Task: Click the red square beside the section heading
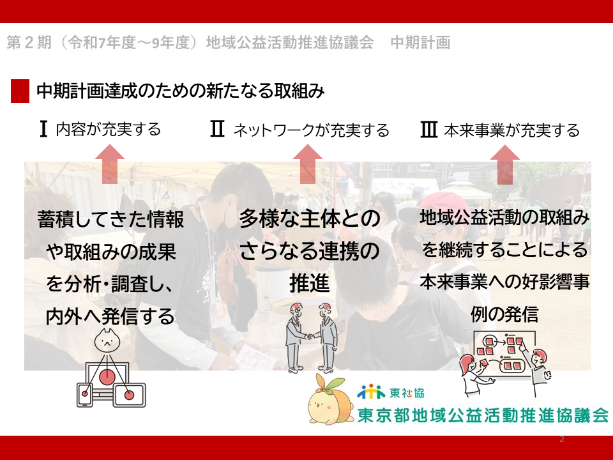(x=20, y=91)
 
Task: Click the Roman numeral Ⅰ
(x=43, y=128)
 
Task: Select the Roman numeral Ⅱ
(x=217, y=128)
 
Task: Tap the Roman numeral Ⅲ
(x=428, y=130)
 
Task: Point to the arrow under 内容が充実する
(x=110, y=164)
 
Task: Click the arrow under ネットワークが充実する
(x=308, y=164)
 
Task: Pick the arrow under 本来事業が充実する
(x=504, y=165)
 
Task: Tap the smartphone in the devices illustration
(x=85, y=395)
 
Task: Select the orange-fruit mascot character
(x=326, y=399)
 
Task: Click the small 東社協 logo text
(x=407, y=392)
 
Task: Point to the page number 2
(x=562, y=440)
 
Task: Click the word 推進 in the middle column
(x=309, y=283)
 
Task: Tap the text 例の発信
(x=504, y=314)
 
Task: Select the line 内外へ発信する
(x=110, y=316)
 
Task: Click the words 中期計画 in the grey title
(x=421, y=42)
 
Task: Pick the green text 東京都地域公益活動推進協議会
(x=483, y=415)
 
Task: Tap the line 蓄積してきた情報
(x=110, y=219)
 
